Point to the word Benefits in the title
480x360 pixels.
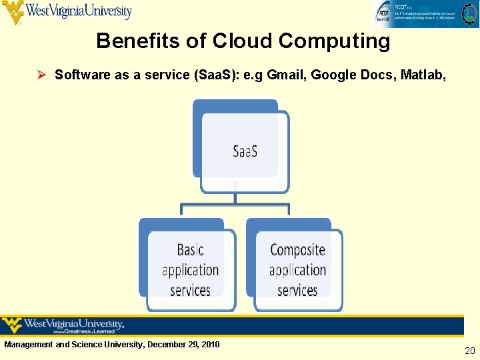138,41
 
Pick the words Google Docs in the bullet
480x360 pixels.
352,75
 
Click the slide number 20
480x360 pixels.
469,351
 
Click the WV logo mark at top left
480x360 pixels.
13,12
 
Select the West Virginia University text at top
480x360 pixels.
79,11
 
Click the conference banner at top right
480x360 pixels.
425,13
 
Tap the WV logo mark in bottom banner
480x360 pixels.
12,325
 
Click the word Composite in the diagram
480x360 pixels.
297,250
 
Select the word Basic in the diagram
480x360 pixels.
190,250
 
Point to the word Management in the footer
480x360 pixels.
29,345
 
